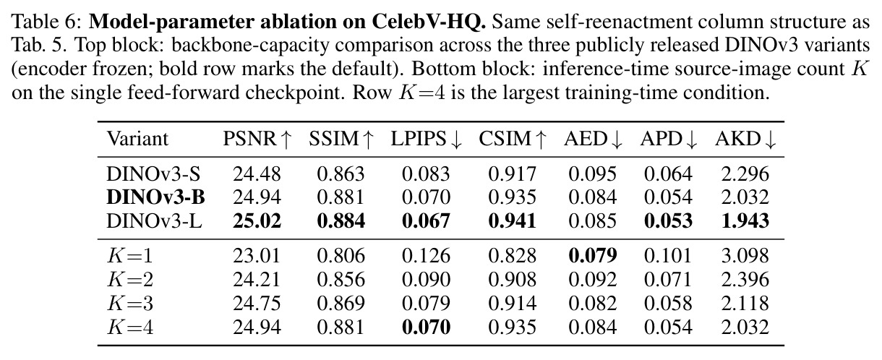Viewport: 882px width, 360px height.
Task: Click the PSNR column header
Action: (257, 139)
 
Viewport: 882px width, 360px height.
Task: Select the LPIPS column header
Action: (426, 139)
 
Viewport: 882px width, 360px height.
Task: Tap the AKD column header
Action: (745, 139)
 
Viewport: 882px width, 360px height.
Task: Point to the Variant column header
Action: (137, 139)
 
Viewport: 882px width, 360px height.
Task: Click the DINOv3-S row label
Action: (153, 174)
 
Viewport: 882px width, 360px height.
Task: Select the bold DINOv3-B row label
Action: (156, 197)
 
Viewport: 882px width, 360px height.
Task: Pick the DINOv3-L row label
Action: (155, 221)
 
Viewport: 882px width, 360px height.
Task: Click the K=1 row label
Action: (130, 256)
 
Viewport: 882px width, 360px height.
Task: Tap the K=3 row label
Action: (130, 304)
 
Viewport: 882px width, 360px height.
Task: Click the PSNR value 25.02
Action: (257, 221)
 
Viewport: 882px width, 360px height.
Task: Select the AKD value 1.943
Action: (745, 221)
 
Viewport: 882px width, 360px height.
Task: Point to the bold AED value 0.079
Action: (593, 256)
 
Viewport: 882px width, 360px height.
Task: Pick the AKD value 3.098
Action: (745, 256)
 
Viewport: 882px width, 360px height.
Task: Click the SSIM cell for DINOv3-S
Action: (341, 174)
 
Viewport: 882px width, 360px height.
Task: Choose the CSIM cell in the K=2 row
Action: (513, 280)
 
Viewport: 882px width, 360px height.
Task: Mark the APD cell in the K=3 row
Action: (668, 304)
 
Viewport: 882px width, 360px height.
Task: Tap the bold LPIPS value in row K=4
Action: (426, 327)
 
